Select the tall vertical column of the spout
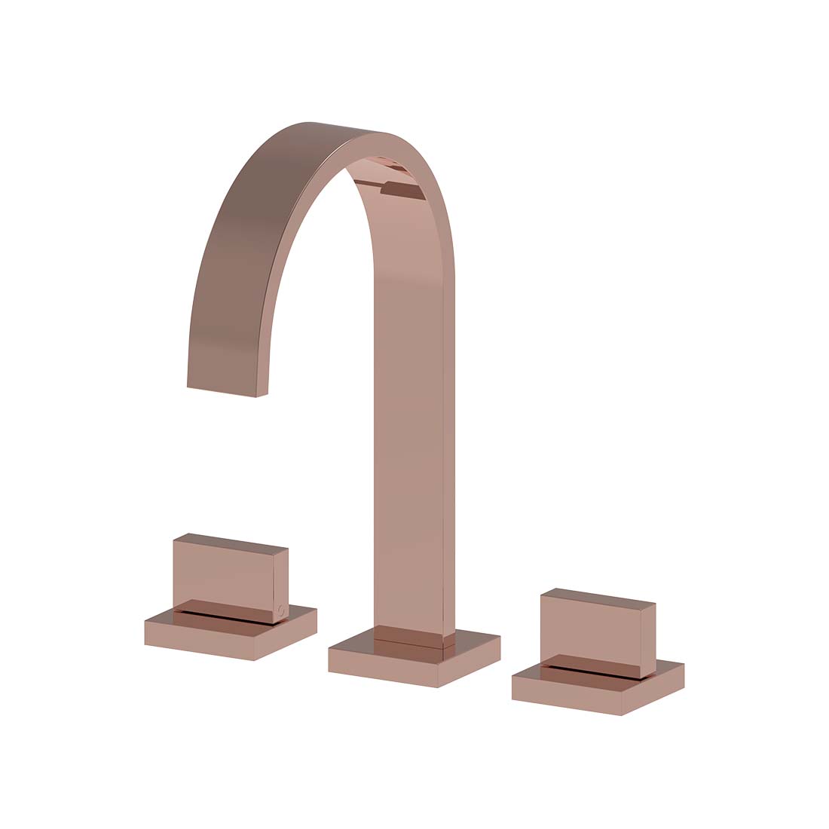408,452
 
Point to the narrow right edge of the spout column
449,452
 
